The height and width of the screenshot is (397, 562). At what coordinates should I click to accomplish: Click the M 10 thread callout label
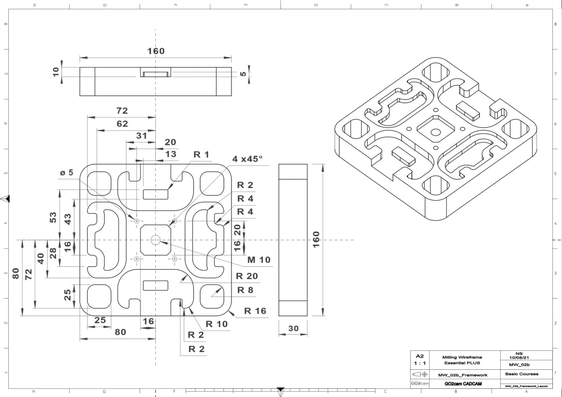point(259,260)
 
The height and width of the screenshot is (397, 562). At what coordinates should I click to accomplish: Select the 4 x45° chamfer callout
point(247,159)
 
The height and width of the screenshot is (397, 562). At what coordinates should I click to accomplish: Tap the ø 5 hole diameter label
point(67,173)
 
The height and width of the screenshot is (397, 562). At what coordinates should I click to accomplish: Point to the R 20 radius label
point(247,276)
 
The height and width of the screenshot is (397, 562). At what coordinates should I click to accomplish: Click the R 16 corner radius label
point(255,311)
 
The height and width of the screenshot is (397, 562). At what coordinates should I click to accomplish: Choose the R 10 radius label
point(216,324)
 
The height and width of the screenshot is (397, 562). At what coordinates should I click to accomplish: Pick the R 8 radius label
point(245,290)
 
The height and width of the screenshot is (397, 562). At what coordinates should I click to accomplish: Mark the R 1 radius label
point(201,154)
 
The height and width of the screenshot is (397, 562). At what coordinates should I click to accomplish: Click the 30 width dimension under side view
point(293,328)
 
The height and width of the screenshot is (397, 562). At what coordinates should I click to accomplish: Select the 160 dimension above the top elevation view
point(156,51)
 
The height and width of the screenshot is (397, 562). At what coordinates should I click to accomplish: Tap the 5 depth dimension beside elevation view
point(243,74)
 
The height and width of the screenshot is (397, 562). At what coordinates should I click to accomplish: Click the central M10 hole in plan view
point(155,240)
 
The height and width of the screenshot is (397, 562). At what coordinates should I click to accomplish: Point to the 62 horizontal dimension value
point(122,124)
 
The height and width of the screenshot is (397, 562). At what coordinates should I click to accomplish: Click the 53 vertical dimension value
point(53,217)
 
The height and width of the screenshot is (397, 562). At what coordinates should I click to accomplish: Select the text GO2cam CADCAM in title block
point(463,384)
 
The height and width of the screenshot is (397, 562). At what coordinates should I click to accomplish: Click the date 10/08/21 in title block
point(519,357)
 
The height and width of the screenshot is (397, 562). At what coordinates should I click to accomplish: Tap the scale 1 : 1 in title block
point(420,363)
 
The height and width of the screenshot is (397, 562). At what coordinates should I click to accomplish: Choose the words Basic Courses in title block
point(521,374)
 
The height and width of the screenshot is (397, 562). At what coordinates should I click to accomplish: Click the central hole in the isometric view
point(435,132)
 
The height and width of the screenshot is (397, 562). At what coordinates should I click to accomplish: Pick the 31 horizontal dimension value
point(142,136)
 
